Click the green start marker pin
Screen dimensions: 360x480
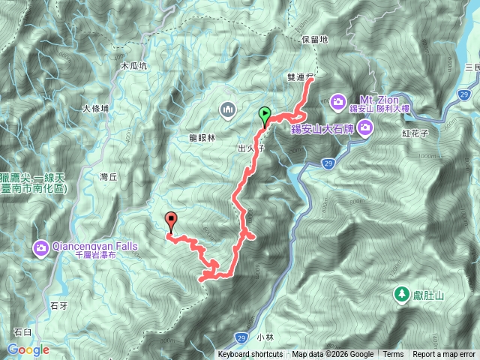[x=265, y=115]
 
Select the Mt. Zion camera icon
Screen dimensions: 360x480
[x=337, y=100]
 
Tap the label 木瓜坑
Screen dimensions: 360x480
[x=136, y=66]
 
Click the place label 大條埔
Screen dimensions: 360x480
[x=95, y=109]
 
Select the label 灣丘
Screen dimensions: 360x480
[x=109, y=177]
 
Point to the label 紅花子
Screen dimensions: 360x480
[x=414, y=133]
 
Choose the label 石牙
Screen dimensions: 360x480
[x=58, y=305]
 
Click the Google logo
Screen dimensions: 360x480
[x=28, y=349]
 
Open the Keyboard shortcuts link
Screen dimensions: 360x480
[x=250, y=355]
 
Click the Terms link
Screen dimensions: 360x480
[x=393, y=355]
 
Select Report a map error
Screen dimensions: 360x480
[x=444, y=355]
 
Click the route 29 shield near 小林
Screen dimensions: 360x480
[x=239, y=336]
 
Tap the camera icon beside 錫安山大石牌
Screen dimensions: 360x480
[x=365, y=130]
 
